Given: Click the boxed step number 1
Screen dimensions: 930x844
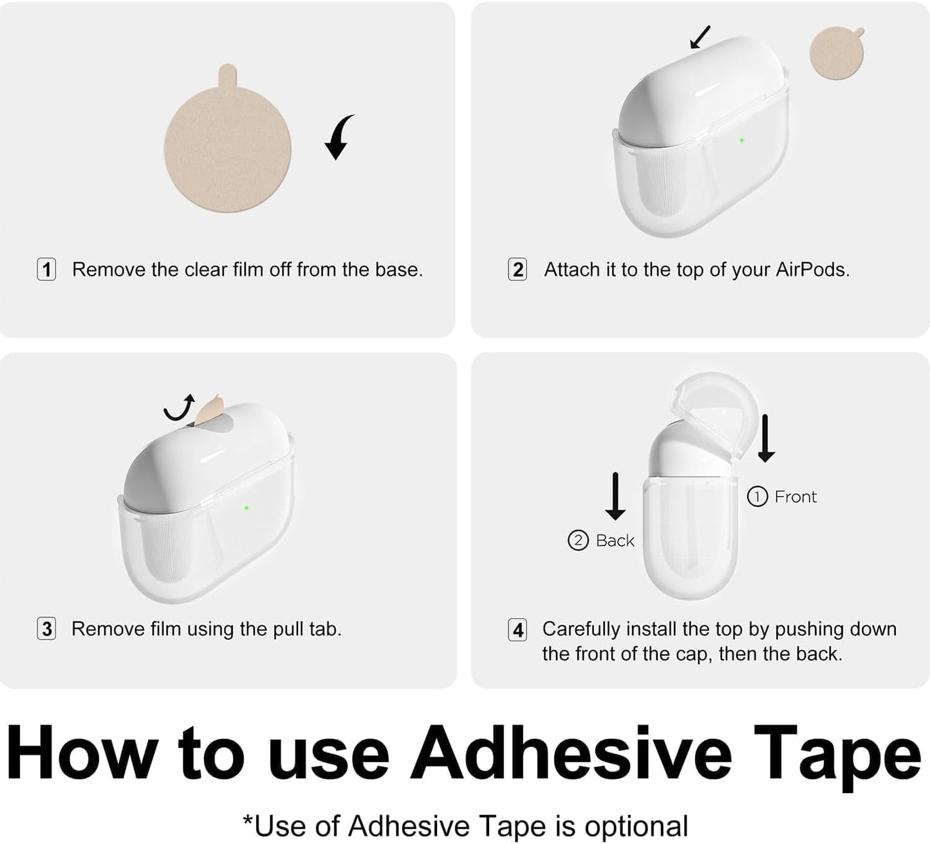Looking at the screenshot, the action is tap(46, 270).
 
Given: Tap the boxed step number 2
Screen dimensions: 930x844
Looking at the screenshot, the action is tap(517, 270).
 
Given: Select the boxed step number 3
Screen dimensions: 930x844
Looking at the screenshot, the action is tap(46, 629).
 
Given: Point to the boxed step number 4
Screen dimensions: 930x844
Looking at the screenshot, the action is tap(517, 630).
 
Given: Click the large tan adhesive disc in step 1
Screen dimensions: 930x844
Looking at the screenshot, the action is tap(227, 147).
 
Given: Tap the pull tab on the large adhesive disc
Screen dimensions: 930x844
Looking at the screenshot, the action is tap(227, 74).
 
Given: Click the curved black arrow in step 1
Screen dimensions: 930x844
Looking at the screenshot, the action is tap(339, 137).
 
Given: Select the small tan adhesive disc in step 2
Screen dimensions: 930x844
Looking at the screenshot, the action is tap(837, 53).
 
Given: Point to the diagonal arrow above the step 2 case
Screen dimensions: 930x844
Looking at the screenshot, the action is tap(700, 37).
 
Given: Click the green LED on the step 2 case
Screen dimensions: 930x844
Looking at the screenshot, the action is tap(742, 140).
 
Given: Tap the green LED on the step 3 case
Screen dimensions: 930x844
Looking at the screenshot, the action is tap(246, 508).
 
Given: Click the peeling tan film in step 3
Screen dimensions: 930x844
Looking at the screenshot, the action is tap(207, 410).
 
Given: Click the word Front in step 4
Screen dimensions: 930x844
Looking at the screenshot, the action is tap(795, 497).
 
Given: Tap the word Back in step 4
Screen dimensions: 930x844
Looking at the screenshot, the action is tap(615, 540).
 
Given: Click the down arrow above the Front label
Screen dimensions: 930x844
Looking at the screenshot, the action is tap(766, 439).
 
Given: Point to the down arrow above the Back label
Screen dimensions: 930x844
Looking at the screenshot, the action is tap(615, 496).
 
